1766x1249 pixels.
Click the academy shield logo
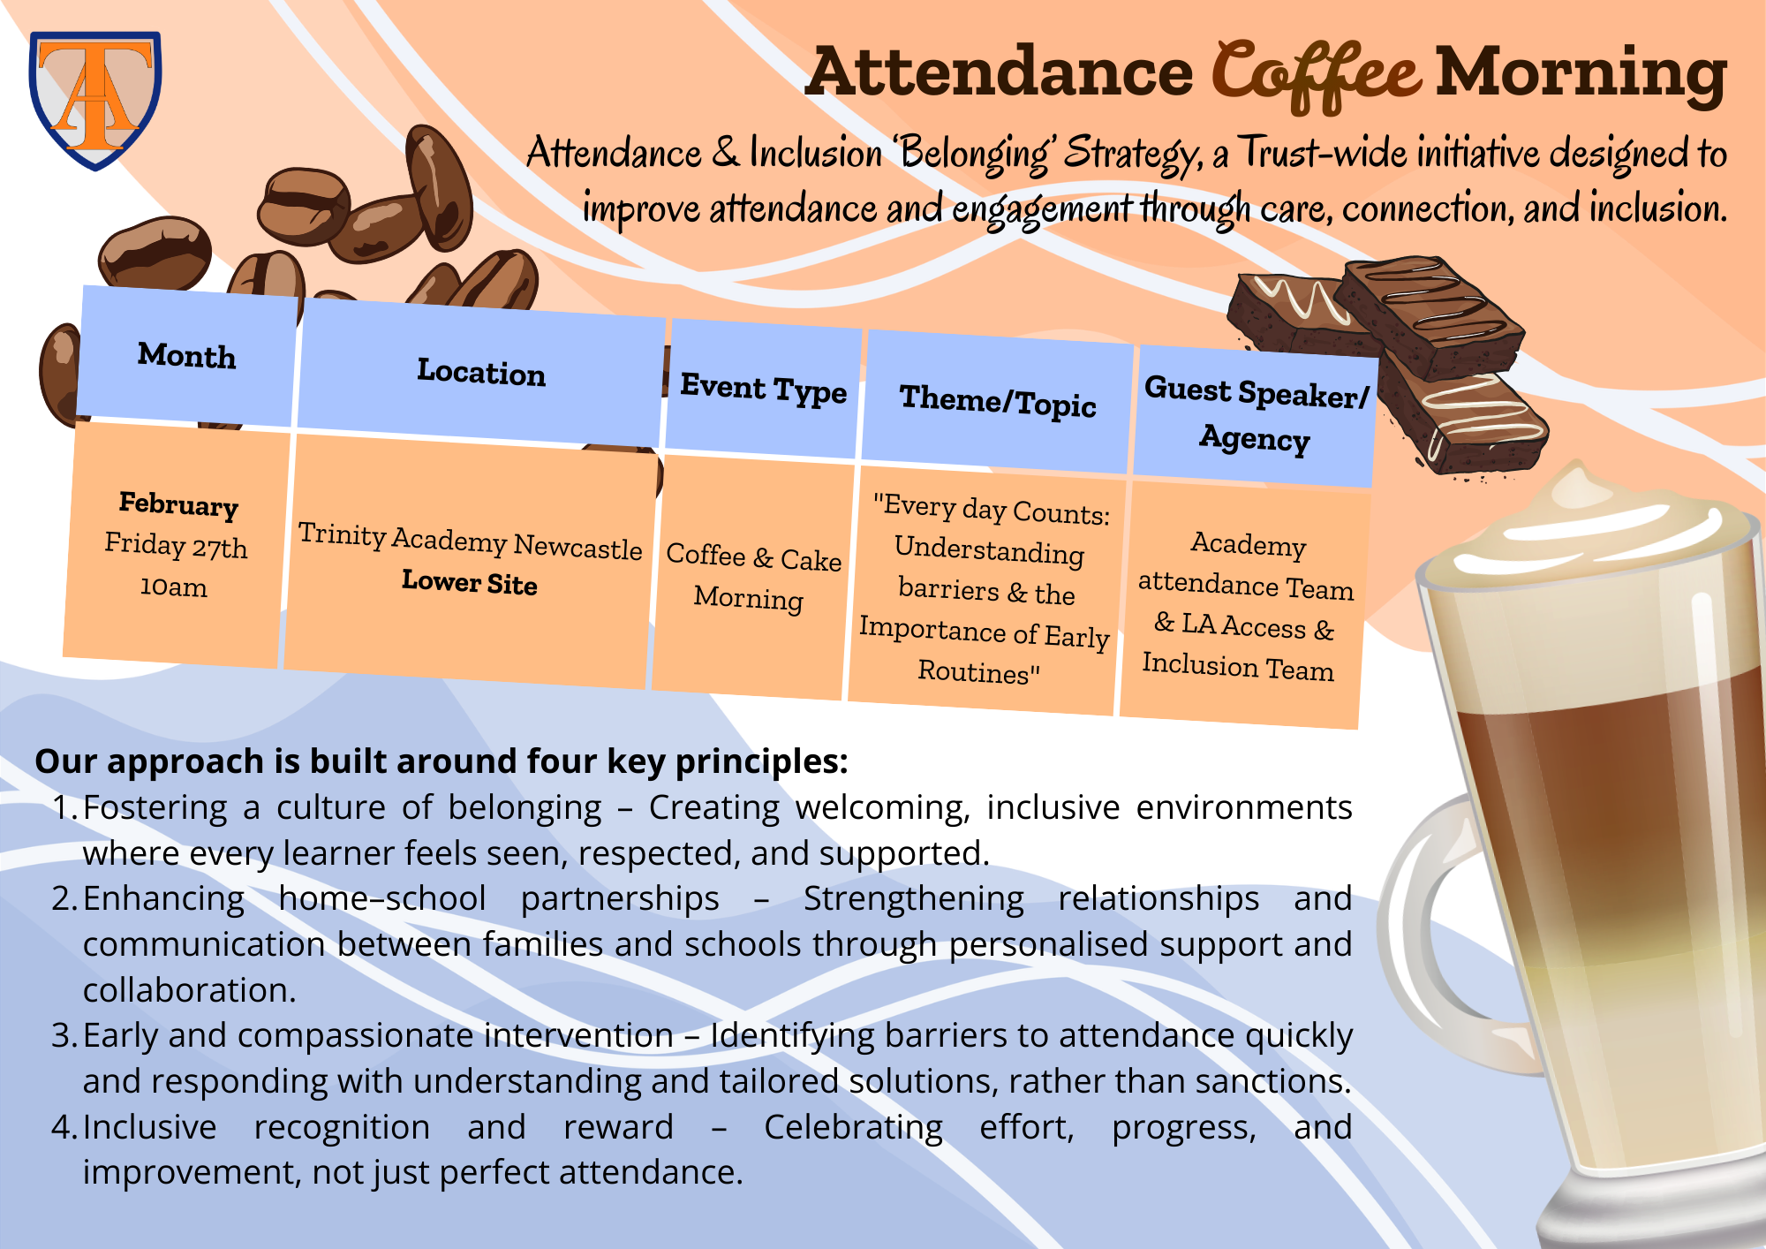(x=95, y=100)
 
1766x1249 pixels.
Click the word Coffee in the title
(x=1315, y=75)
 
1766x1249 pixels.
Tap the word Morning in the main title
(x=1581, y=74)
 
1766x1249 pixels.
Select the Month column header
(x=187, y=355)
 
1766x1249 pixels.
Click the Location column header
(x=481, y=373)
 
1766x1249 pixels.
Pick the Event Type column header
(x=763, y=389)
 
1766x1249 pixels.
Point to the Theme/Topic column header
(x=998, y=401)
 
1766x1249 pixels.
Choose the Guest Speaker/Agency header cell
(x=1256, y=415)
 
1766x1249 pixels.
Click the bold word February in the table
(x=179, y=504)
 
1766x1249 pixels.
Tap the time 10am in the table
(x=174, y=587)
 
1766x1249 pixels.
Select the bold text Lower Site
(x=470, y=582)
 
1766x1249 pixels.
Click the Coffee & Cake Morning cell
(x=751, y=576)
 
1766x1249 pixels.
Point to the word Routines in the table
(x=973, y=671)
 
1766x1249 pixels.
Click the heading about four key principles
(x=441, y=761)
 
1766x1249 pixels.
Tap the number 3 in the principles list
(x=61, y=1035)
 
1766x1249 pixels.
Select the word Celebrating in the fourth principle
(x=853, y=1129)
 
